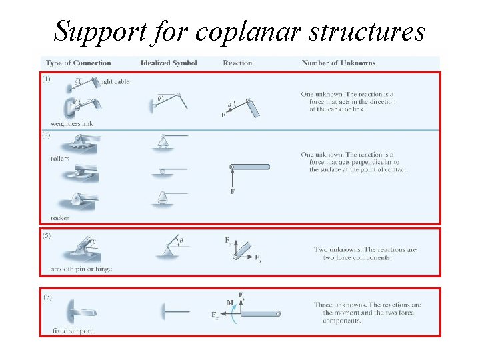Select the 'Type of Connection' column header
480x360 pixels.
[x=79, y=63]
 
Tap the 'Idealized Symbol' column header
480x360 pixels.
[x=169, y=63]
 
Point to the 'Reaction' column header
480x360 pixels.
[x=237, y=63]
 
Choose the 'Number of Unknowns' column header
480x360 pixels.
[x=338, y=63]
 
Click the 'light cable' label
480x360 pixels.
[x=114, y=81]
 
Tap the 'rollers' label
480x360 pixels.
[x=60, y=159]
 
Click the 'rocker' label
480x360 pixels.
[x=60, y=218]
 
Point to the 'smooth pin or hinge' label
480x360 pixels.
[x=81, y=269]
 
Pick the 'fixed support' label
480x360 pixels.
[x=72, y=331]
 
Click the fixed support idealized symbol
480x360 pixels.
[x=175, y=311]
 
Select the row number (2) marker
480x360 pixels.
[x=46, y=135]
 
